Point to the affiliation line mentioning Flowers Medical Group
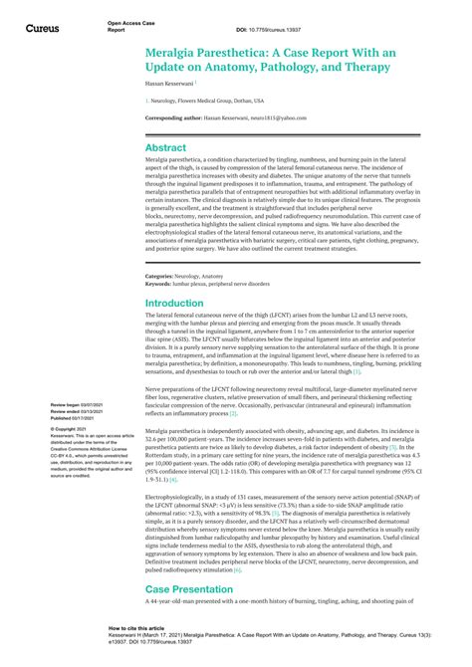[204, 102]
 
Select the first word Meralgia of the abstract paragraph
[158, 163]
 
